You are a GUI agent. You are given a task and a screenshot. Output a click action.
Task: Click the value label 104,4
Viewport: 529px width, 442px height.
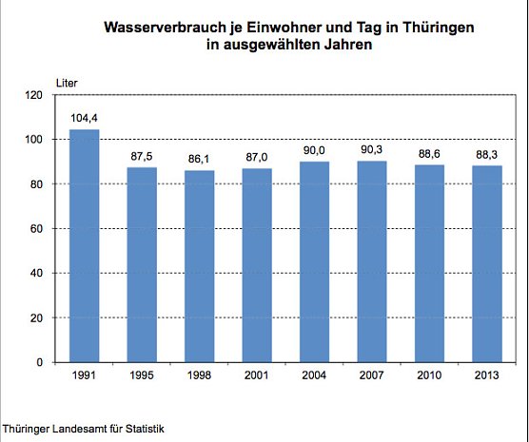tap(84, 119)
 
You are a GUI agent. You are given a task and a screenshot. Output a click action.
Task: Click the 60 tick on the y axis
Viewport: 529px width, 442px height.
tap(37, 229)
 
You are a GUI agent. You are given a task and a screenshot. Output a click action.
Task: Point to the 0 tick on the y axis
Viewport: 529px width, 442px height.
tap(40, 362)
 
